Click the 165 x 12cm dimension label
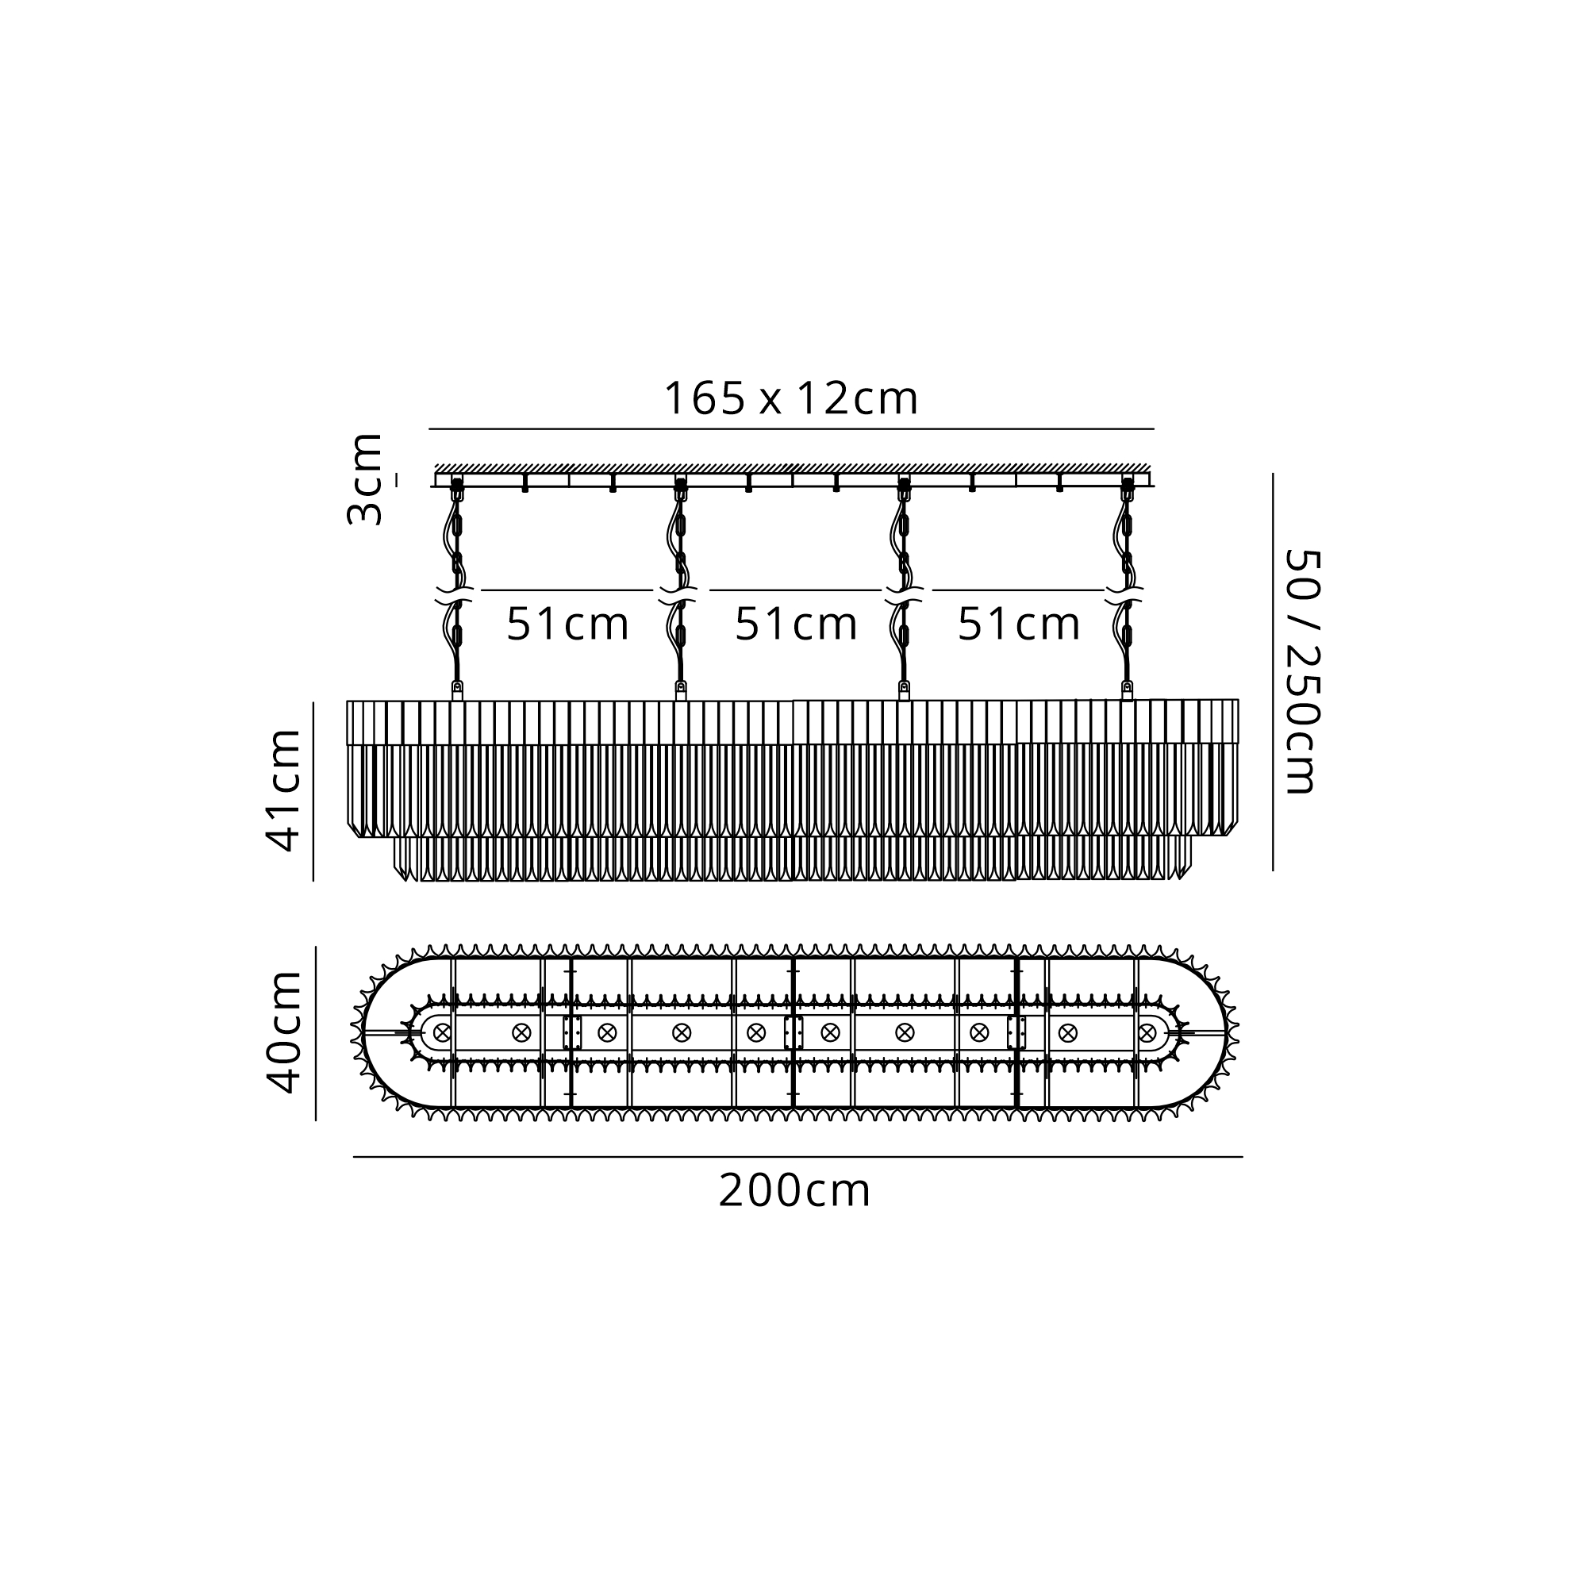coord(790,398)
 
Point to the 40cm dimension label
coord(284,1032)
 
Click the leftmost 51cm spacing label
coord(567,624)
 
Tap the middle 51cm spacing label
coord(796,624)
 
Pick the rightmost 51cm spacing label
coord(1019,624)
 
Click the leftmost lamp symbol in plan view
coord(443,1032)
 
